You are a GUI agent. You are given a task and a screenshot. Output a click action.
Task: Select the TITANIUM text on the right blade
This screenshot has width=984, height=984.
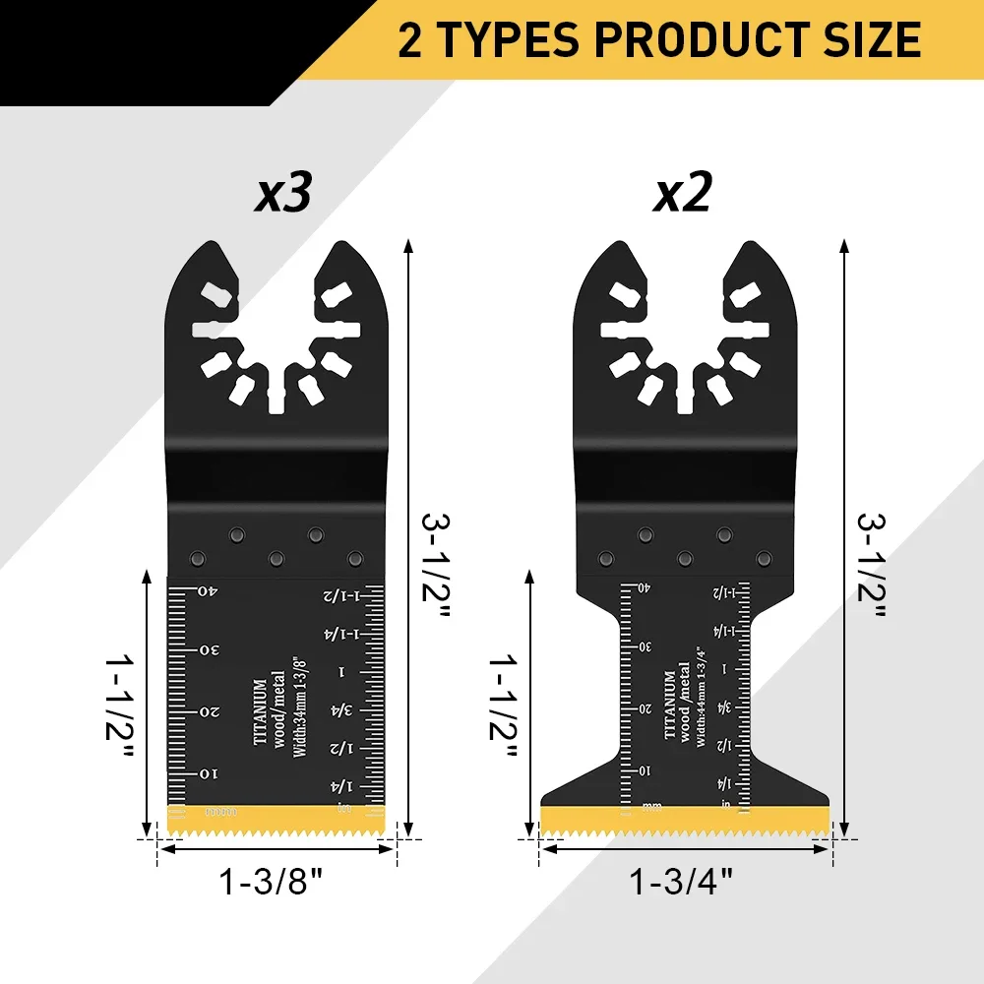pos(669,705)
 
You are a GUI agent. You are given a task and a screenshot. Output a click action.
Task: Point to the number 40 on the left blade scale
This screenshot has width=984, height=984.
pos(207,591)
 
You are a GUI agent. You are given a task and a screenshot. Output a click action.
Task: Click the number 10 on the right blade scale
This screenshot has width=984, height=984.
pos(644,769)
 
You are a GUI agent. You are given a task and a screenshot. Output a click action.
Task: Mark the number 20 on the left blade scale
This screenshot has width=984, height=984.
pos(207,711)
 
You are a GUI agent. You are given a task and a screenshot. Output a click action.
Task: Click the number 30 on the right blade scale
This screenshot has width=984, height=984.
pos(644,647)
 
